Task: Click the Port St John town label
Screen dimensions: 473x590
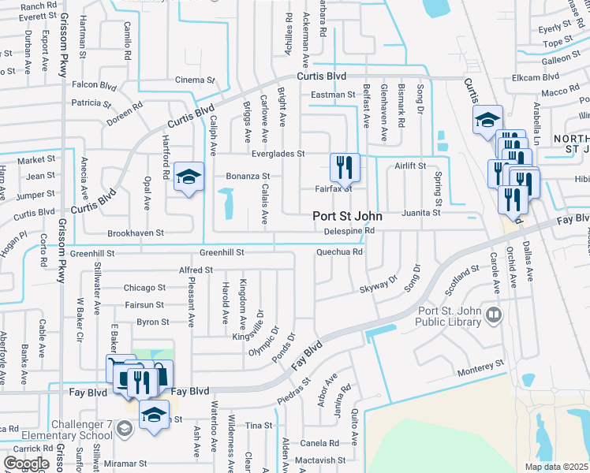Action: pos(347,216)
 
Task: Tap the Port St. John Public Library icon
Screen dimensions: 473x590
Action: pos(494,315)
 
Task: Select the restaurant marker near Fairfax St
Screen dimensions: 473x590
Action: pos(345,168)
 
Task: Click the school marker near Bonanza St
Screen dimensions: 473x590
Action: pos(189,177)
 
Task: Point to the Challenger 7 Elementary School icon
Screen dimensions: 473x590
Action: pos(124,428)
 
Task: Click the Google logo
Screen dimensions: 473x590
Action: pos(27,464)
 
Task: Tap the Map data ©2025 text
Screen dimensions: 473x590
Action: pos(557,467)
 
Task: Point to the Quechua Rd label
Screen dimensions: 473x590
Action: pos(339,252)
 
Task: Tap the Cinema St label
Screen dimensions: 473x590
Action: pos(195,80)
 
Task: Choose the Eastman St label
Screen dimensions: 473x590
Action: pos(333,95)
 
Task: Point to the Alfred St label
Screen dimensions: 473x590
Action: pos(196,270)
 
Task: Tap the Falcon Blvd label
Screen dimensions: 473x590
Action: pos(95,85)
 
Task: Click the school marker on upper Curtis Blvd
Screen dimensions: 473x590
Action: pos(487,121)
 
